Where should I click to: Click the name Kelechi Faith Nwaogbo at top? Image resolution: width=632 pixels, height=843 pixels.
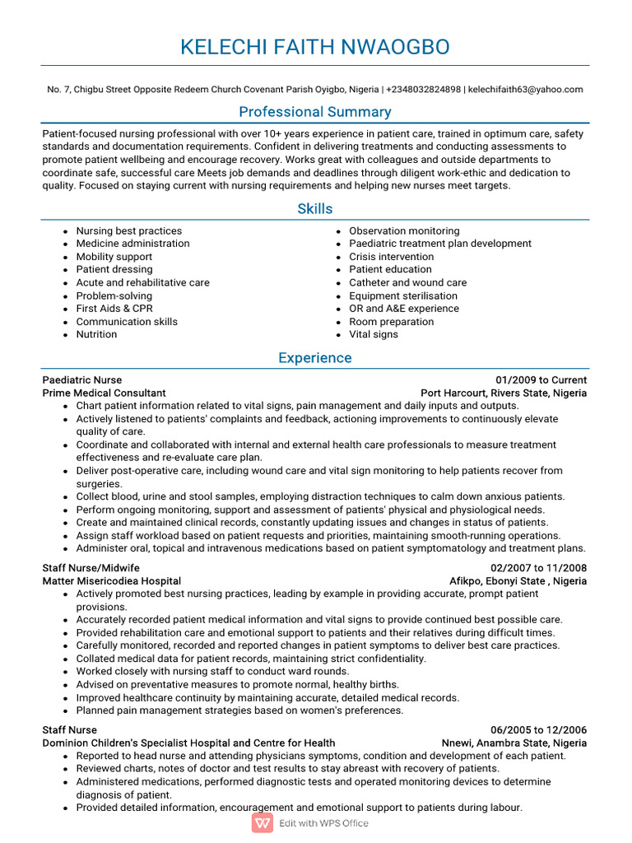315,47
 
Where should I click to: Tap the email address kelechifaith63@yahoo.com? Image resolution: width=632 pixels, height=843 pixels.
525,90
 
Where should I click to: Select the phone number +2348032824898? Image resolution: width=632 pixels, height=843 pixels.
423,90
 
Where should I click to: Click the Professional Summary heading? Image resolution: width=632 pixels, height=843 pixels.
315,112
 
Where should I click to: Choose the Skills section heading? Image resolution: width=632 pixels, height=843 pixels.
315,209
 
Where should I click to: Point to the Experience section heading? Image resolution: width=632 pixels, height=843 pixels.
315,358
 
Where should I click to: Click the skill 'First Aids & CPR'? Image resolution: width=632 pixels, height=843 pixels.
114,309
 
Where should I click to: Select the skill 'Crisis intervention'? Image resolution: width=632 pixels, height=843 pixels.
391,257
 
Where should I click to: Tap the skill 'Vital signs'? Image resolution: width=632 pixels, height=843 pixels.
373,334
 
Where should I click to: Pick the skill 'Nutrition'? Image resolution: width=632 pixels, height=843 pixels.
96,334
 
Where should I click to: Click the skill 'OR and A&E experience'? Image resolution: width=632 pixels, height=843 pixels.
404,309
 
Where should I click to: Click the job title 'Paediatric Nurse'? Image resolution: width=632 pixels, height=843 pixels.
82,380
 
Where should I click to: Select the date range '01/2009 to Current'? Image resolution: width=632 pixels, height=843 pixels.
541,380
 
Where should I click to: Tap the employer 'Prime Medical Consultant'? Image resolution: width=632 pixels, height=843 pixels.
104,394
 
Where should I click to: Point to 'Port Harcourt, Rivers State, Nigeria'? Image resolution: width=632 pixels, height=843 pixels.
504,394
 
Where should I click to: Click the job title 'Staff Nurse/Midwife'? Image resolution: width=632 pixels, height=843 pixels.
91,568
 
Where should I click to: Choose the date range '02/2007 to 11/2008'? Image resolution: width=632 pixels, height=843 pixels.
538,568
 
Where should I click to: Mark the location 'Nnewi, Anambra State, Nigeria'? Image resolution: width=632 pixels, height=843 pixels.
514,743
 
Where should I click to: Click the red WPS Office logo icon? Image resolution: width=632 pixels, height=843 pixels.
263,823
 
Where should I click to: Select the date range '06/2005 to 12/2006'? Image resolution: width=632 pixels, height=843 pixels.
538,730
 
